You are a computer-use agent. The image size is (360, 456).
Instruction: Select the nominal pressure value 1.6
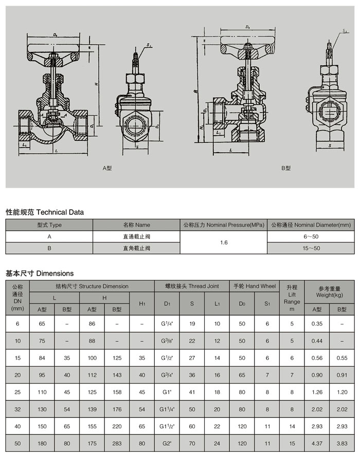point(224,242)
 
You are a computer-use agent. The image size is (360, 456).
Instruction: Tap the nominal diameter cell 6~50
point(311,236)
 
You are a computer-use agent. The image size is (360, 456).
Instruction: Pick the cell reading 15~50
point(311,248)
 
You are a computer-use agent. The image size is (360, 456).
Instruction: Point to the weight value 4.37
point(316,443)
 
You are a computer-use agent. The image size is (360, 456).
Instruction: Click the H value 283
point(117,443)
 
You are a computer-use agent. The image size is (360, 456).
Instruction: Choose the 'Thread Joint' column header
point(192,286)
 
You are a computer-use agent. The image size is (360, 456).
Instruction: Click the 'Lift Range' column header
point(292,298)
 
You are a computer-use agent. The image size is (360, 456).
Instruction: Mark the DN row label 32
point(17,409)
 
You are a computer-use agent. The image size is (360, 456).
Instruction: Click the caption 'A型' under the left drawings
point(107,168)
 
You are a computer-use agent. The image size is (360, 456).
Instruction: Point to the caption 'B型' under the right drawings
point(286,168)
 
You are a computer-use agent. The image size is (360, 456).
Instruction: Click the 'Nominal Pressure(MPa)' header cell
point(224,225)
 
